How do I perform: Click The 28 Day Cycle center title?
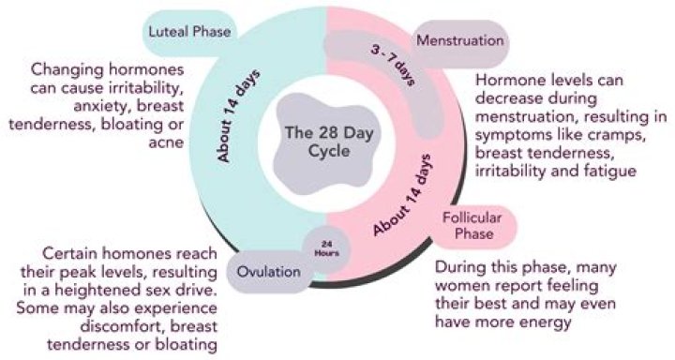(x=319, y=146)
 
